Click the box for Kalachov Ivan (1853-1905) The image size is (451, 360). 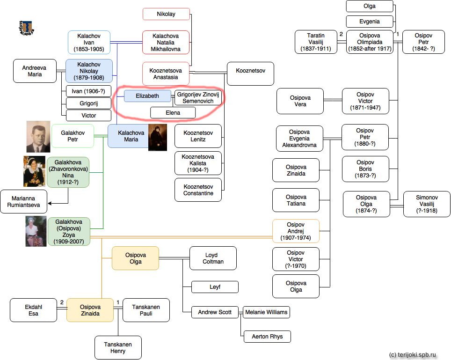(x=89, y=43)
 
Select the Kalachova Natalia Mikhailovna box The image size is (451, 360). (x=166, y=43)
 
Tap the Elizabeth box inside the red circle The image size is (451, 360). (x=147, y=96)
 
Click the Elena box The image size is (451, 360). (x=173, y=113)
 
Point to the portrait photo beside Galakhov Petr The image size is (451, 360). (x=38, y=137)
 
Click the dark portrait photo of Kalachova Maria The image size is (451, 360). (x=157, y=138)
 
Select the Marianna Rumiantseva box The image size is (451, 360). (x=24, y=202)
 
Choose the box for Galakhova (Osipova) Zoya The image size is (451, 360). (x=69, y=231)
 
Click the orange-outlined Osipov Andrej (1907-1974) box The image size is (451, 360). (x=296, y=231)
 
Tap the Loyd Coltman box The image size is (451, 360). (x=213, y=258)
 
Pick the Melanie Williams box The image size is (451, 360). (x=266, y=312)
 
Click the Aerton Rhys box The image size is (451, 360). (x=267, y=336)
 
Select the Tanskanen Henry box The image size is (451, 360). (x=118, y=347)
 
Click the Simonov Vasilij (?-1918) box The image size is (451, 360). (x=427, y=204)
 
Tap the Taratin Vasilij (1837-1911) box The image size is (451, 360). (x=316, y=42)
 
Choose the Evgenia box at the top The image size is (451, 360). (x=369, y=22)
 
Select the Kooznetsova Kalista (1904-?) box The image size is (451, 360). (x=198, y=163)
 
